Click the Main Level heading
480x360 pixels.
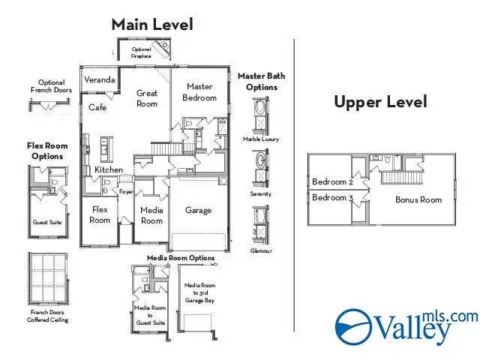[x=152, y=24]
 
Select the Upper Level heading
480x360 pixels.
[x=380, y=102]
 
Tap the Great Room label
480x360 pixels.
[x=147, y=98]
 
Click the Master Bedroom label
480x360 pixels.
[x=200, y=92]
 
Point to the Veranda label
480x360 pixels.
[x=99, y=79]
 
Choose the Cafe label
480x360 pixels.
[x=97, y=107]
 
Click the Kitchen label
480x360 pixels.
[x=109, y=170]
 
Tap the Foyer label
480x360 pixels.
[x=126, y=191]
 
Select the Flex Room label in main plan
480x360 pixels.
[x=100, y=214]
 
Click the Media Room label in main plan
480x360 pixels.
[x=151, y=215]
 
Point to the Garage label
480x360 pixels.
[x=198, y=211]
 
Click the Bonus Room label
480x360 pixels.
[x=418, y=199]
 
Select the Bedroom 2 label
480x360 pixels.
[x=331, y=182]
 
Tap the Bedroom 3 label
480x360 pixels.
[x=331, y=198]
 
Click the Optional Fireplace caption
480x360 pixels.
[x=141, y=52]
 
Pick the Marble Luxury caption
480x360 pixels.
[x=261, y=139]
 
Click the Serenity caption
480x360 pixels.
[x=261, y=194]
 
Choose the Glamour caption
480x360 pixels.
[x=261, y=250]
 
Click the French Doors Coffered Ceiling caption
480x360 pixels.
[x=49, y=316]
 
